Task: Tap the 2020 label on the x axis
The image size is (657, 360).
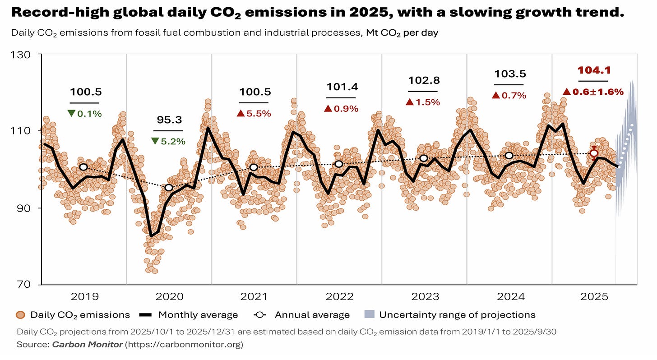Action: point(169,296)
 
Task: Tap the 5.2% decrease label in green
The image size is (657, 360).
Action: point(169,141)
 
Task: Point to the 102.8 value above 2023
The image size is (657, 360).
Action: point(424,80)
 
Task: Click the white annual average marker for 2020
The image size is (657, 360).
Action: point(169,187)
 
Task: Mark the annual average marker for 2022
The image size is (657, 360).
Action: point(339,164)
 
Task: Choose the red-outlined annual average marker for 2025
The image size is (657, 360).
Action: point(594,153)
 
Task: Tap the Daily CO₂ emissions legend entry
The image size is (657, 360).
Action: point(73,315)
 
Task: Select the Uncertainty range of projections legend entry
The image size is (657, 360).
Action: point(449,315)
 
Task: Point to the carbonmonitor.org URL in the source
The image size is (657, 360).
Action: point(185,345)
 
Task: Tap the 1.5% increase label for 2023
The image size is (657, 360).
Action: point(423,102)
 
